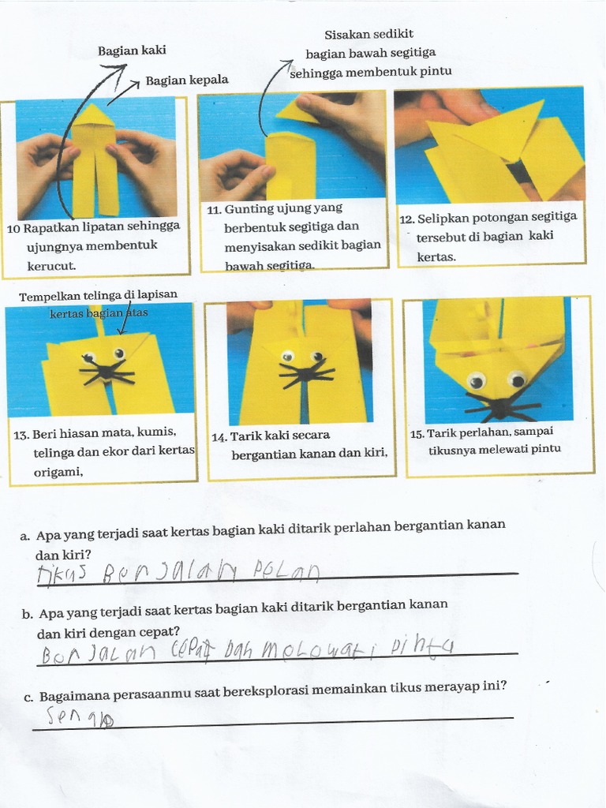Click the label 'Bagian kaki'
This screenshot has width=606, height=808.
pos(132,50)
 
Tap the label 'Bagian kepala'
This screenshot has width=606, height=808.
pos(186,80)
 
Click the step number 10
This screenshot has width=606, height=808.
pos(13,229)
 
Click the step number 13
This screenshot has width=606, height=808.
pos(21,435)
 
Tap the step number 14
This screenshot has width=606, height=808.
pos(219,436)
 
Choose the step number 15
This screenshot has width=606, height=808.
pos(417,433)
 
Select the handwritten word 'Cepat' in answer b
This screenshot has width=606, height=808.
pos(193,650)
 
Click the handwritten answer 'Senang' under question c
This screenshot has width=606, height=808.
pos(80,716)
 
